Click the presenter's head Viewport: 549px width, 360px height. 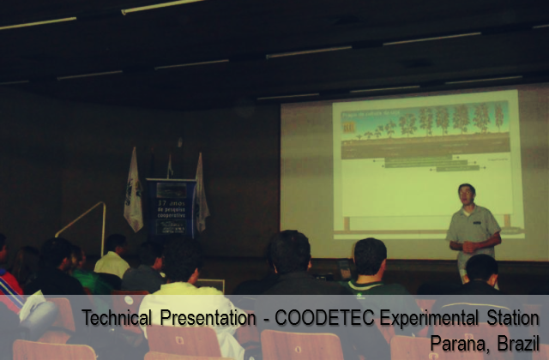[x=466, y=194]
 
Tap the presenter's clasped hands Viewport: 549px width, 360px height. [x=470, y=248]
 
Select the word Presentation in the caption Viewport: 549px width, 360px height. [x=206, y=319]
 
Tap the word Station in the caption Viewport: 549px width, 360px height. [x=511, y=319]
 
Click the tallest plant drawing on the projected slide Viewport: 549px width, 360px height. [x=481, y=117]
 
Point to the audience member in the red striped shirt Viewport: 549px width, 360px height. [x=9, y=283]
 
